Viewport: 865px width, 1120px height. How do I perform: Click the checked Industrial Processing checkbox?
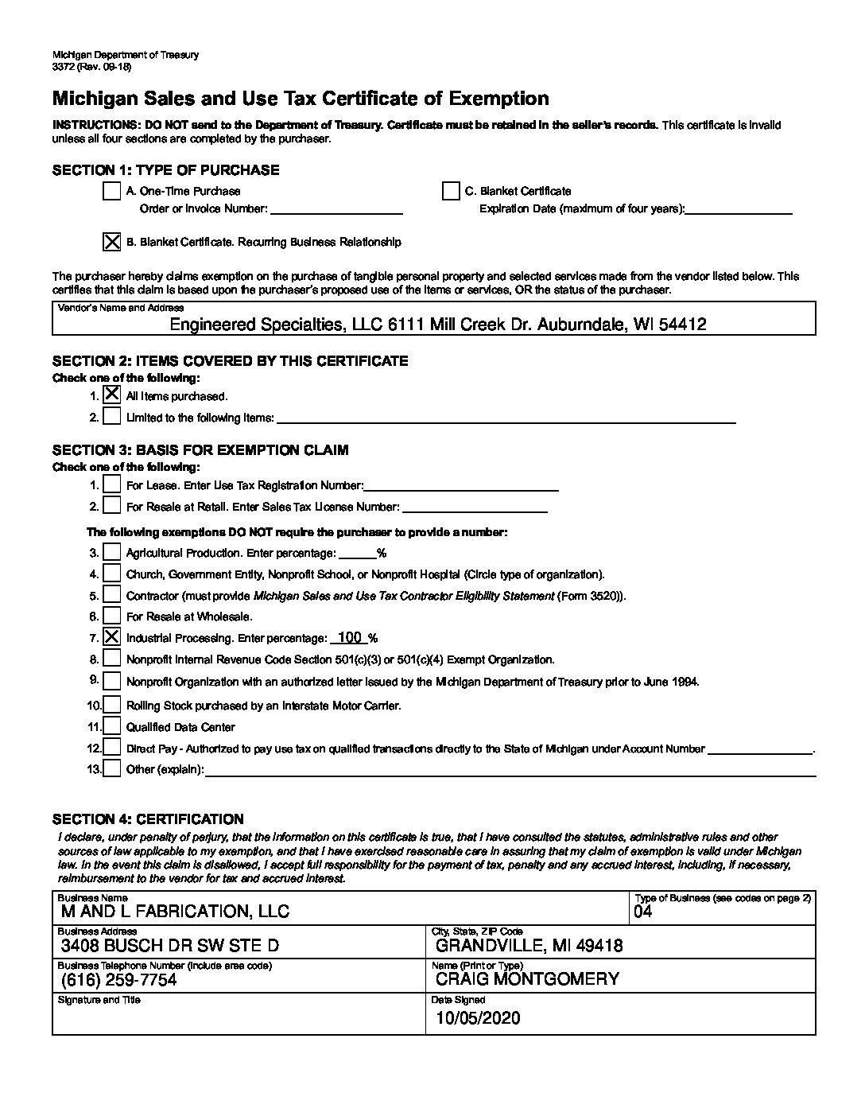coord(112,637)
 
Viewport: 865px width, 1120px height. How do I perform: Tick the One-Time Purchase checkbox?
coord(112,191)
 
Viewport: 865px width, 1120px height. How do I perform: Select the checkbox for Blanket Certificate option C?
coord(451,191)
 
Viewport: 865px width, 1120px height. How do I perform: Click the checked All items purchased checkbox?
coord(112,395)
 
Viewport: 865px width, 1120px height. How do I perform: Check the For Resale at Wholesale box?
coord(112,616)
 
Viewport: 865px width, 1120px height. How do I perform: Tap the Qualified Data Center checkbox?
coord(112,726)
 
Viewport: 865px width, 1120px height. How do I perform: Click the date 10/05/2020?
coord(478,1018)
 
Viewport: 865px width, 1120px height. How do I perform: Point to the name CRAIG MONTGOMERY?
coord(527,979)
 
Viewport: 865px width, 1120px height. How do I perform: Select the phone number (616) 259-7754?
coord(118,979)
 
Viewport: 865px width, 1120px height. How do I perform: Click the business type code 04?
coord(642,912)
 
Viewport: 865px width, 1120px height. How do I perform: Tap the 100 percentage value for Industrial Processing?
coord(350,637)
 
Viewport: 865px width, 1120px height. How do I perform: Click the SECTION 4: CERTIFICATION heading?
coord(148,819)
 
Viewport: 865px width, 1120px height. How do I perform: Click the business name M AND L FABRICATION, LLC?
coord(175,912)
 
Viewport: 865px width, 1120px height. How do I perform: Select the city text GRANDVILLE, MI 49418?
coord(529,946)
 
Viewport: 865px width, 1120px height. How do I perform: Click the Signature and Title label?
coord(99,1000)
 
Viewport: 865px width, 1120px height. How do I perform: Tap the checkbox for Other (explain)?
coord(112,769)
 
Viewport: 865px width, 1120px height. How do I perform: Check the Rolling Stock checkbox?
coord(112,705)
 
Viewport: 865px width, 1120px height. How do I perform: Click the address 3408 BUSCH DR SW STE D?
coord(170,946)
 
